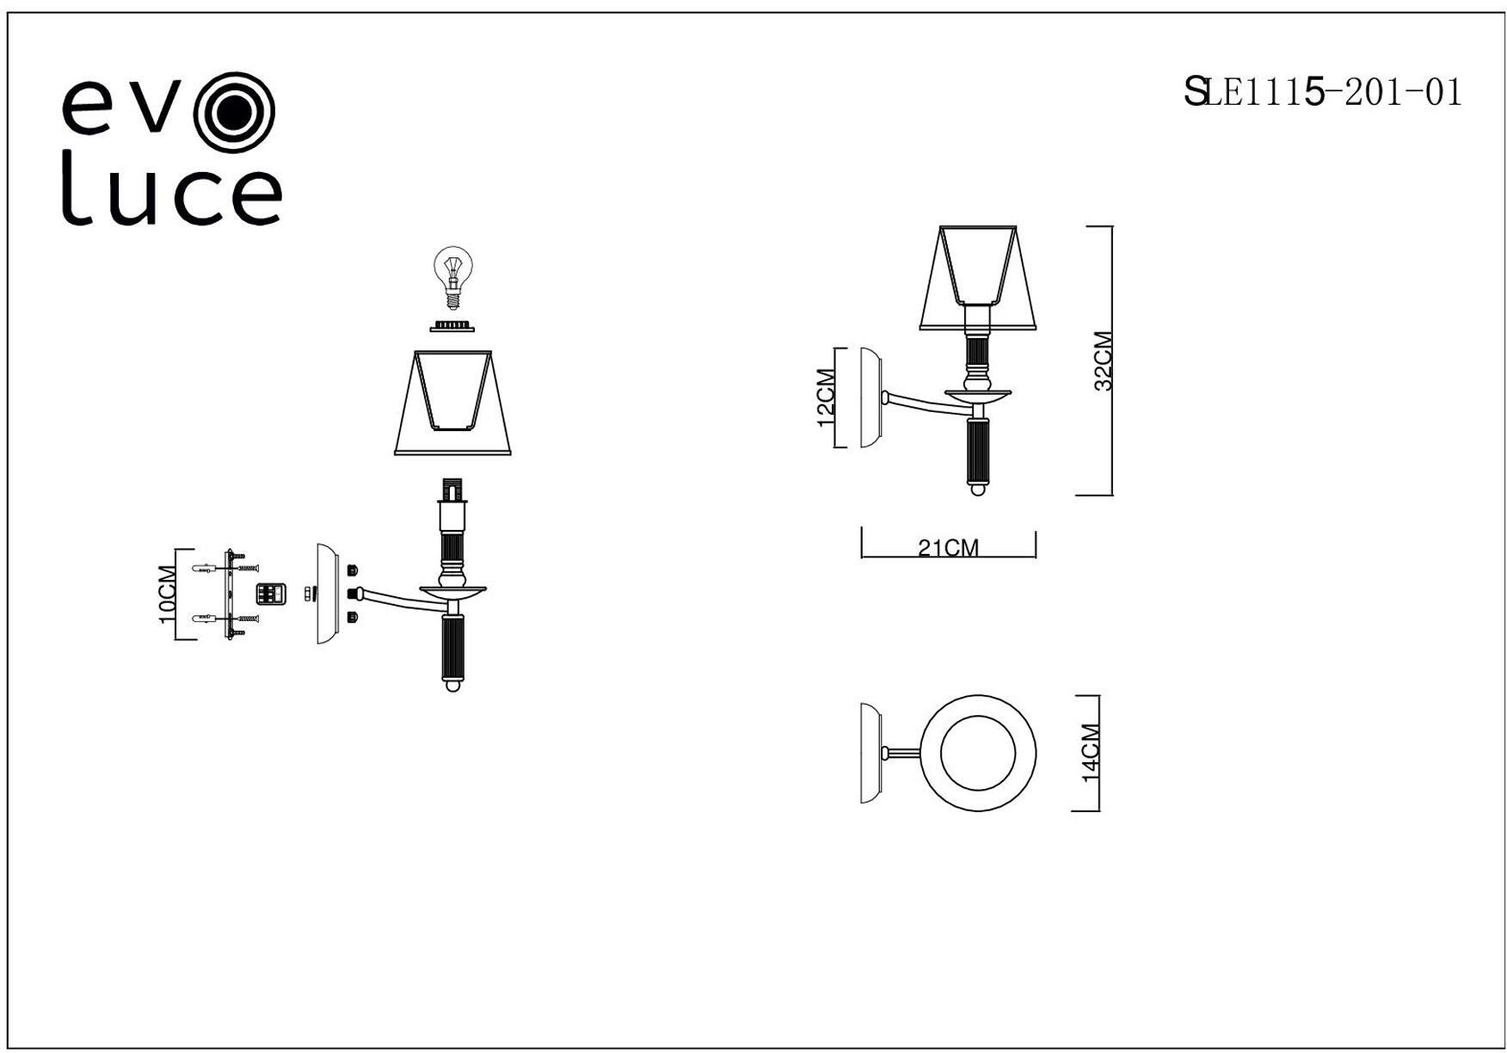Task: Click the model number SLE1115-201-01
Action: pos(1322,91)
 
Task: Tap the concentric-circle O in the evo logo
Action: pos(234,110)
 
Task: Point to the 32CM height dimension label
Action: pos(1104,360)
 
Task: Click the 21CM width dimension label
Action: pos(948,547)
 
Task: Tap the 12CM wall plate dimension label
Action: pos(825,397)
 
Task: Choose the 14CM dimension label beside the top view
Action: pos(1091,753)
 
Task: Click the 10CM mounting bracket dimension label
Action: pos(167,594)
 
